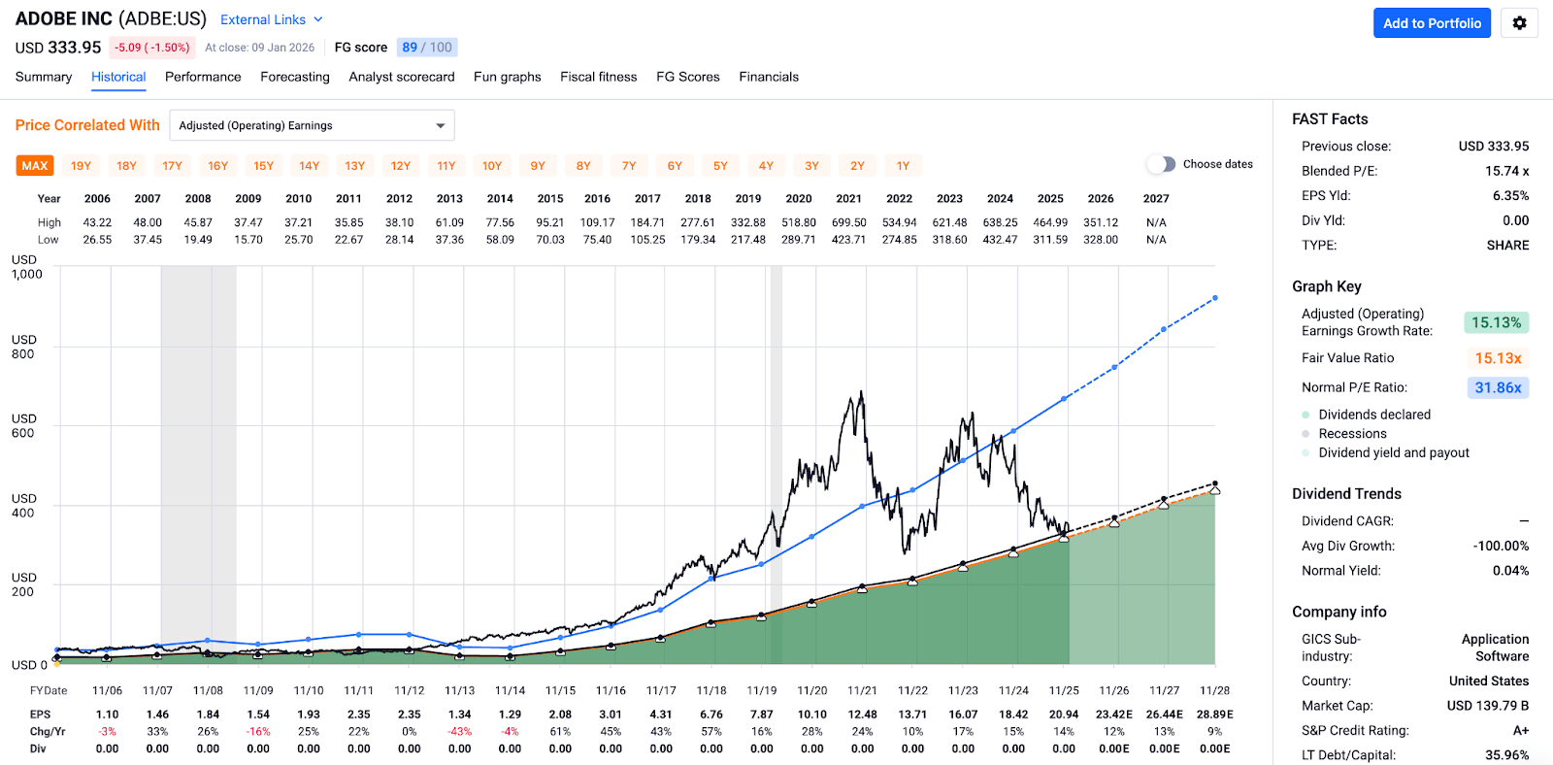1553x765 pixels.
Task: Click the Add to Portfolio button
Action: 1432,23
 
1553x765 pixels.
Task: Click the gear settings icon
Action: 1519,23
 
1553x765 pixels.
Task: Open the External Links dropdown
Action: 271,19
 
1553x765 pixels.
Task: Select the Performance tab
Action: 203,77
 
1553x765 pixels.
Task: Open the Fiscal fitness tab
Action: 598,77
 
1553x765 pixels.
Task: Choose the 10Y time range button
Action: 492,166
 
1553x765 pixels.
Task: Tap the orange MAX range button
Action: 35,166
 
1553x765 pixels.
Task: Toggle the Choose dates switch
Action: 1161,164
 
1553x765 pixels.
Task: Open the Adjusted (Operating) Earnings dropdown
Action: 312,125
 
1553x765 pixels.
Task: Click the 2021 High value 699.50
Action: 849,222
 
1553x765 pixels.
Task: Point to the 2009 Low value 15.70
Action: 248,240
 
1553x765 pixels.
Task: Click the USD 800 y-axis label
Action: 23,347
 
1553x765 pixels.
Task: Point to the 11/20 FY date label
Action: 811,690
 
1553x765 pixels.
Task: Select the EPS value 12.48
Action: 862,715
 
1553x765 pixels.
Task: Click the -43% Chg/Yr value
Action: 459,731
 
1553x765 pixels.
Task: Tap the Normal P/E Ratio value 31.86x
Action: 1497,387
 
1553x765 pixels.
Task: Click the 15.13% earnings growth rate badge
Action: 1496,322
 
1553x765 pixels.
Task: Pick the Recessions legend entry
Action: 1352,434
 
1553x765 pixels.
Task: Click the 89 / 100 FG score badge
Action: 427,48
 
